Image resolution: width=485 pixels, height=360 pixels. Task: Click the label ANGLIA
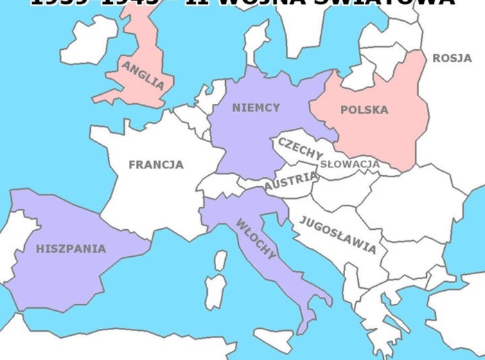(143, 75)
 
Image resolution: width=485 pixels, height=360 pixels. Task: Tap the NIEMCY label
(256, 108)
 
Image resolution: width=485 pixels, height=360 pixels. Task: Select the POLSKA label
(364, 110)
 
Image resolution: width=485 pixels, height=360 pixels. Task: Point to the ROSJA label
(452, 58)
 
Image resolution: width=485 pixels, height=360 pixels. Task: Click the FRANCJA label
(157, 165)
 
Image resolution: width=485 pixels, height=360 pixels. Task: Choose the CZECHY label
(301, 149)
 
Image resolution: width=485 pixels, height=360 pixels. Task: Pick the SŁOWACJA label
(350, 164)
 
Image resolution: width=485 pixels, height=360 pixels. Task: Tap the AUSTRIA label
(291, 181)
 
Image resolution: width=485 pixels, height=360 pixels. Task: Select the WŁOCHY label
(256, 238)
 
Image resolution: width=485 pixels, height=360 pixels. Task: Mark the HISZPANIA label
(71, 249)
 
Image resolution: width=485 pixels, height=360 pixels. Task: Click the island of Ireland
(89, 40)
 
